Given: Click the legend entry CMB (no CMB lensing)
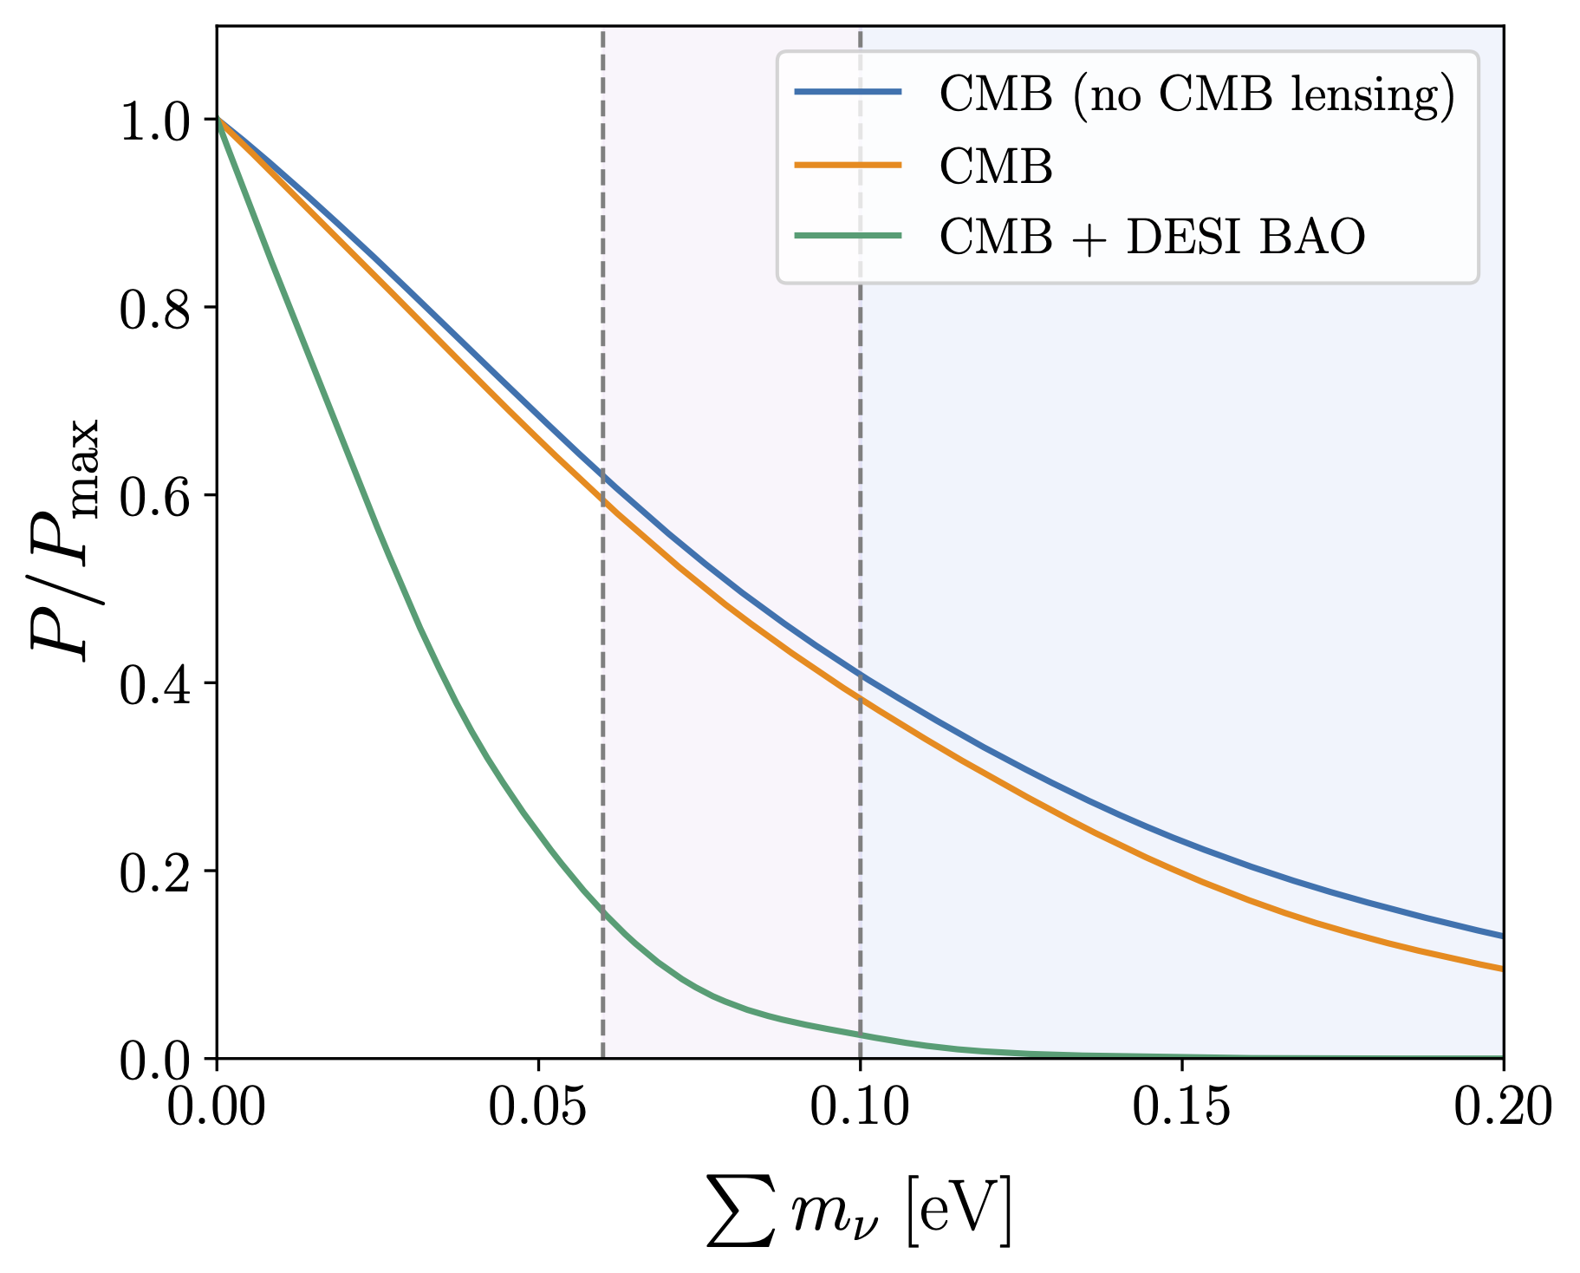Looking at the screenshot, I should [x=1197, y=95].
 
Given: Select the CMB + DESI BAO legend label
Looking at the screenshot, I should [x=1152, y=236].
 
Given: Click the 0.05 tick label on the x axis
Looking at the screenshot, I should [x=538, y=1109].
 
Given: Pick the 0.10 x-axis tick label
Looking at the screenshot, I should [x=860, y=1109].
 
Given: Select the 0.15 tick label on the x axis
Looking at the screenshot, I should [x=1181, y=1109].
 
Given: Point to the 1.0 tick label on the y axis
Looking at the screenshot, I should [x=154, y=124].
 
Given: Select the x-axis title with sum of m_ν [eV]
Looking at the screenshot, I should [x=859, y=1211].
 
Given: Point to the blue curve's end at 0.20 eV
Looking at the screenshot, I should [x=1500, y=936].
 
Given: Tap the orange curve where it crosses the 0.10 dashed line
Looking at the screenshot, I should [x=860, y=697].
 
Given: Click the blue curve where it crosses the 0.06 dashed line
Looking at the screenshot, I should [x=602, y=475].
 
